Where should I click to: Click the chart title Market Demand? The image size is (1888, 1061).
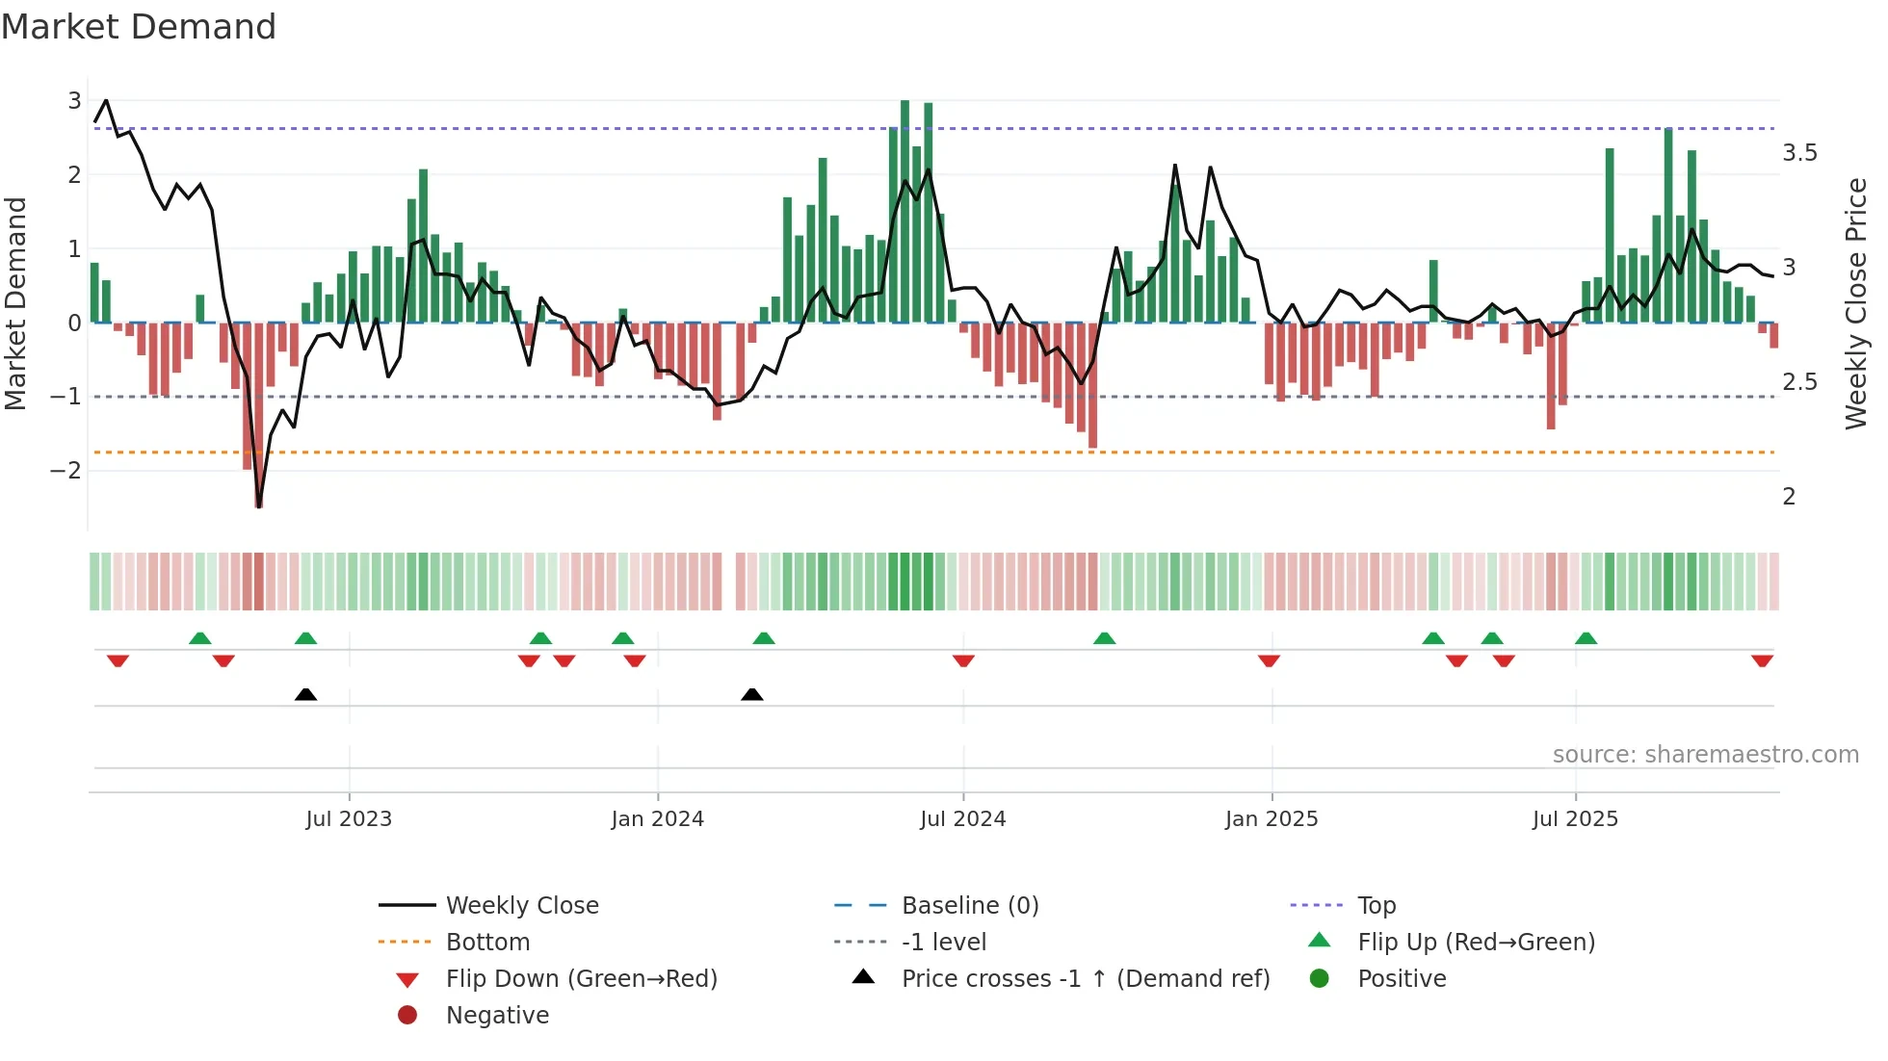(139, 27)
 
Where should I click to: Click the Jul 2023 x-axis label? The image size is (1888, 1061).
(349, 819)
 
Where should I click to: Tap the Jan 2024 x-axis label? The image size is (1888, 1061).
(657, 819)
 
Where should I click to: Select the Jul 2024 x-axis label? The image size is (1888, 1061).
(962, 819)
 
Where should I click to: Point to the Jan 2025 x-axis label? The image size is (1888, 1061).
(1272, 819)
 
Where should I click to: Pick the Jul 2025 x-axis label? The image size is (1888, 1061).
(1575, 819)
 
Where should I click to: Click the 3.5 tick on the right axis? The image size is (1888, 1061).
(1799, 153)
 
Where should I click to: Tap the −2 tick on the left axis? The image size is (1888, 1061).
(66, 471)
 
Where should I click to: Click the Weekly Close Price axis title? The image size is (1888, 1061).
(1855, 303)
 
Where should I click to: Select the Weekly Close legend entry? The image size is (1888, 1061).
(521, 906)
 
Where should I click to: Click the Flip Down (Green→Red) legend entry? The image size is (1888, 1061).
(581, 979)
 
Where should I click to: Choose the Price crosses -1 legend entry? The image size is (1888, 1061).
(1085, 979)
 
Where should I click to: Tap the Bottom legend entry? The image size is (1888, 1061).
(487, 943)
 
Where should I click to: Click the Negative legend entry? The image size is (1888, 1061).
(497, 1016)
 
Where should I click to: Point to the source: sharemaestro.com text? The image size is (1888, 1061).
(1705, 755)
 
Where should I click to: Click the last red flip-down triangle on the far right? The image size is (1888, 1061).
(1762, 660)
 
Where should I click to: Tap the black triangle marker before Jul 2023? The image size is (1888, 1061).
(305, 694)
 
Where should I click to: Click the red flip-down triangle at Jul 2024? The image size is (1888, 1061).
(963, 660)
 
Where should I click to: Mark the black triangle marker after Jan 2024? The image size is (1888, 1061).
(752, 694)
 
